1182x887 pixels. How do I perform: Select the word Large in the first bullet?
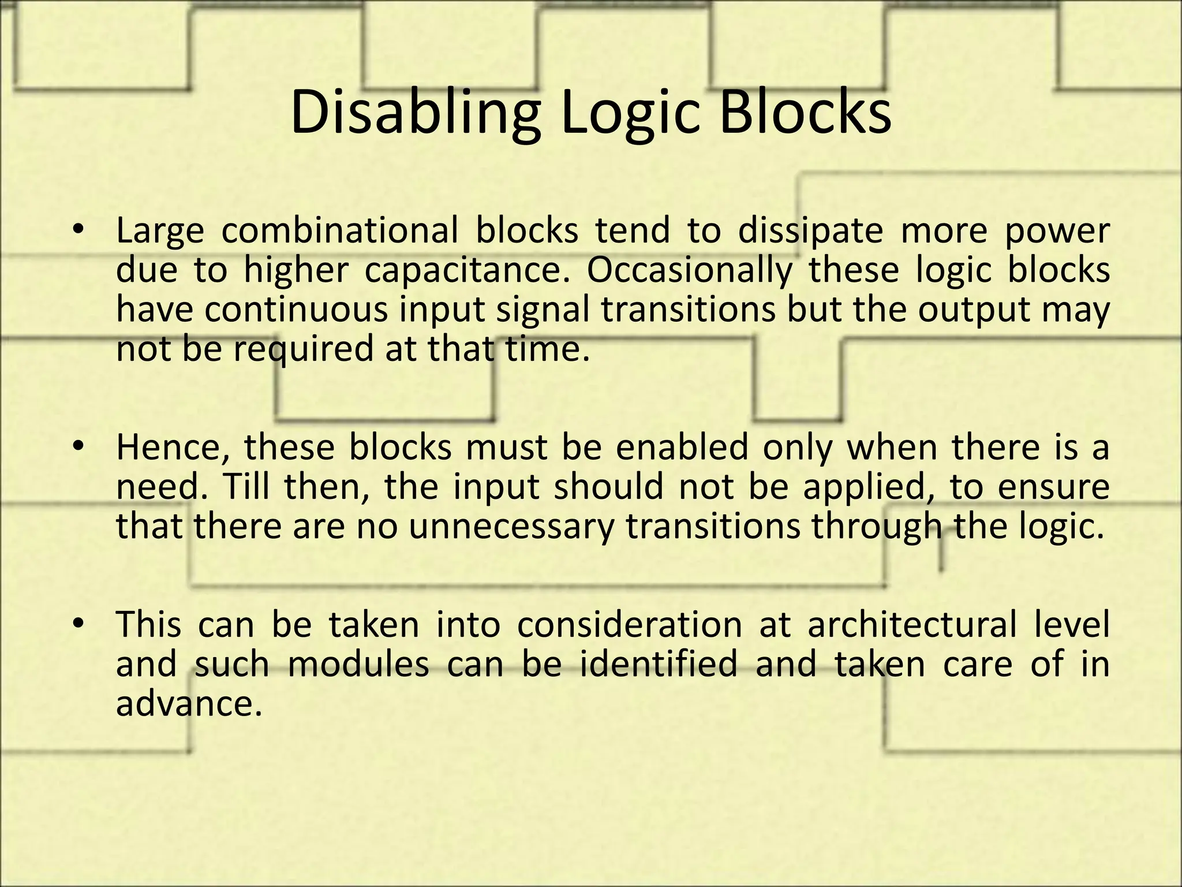(x=160, y=231)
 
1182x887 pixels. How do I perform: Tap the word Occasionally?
(x=690, y=271)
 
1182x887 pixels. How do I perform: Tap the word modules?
(x=358, y=664)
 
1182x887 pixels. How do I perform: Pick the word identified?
(x=659, y=664)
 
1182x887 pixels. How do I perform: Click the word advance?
(x=185, y=703)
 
